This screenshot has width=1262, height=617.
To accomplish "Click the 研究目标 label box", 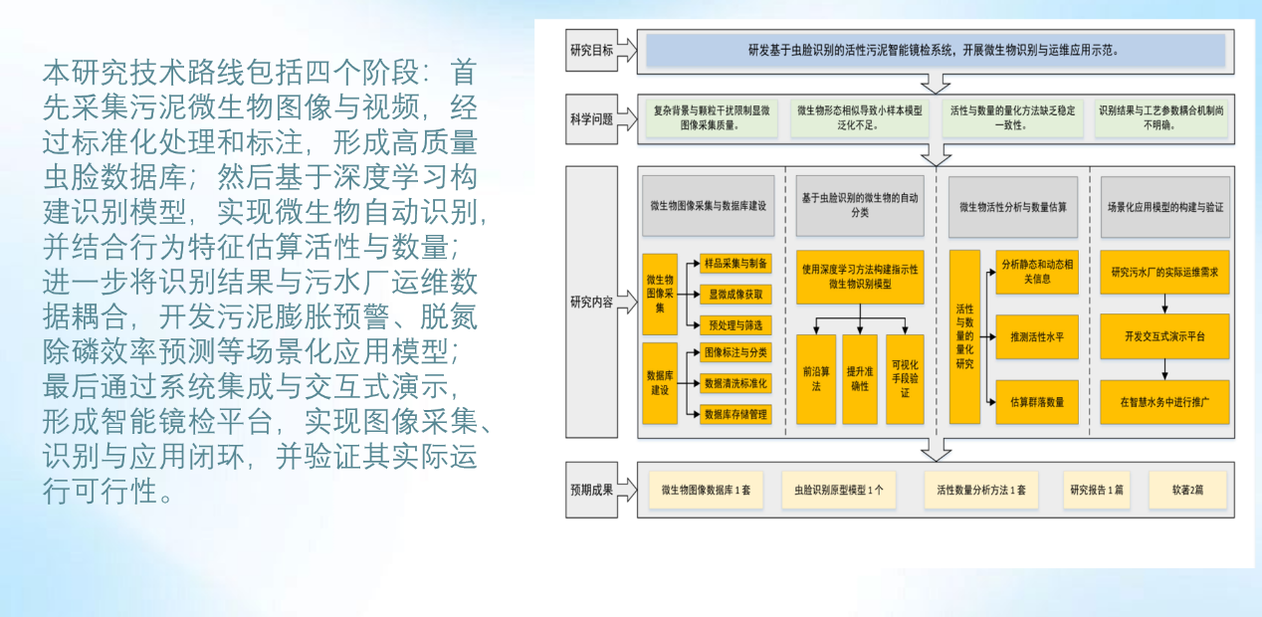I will coord(591,49).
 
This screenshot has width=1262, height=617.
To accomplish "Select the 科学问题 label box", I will coord(591,119).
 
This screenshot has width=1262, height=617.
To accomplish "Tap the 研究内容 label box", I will coord(591,302).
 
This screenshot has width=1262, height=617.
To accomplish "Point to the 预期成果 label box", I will coord(591,490).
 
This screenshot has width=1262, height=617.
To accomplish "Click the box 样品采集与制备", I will coord(736,264).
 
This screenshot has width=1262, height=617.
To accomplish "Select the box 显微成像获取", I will coord(736,294).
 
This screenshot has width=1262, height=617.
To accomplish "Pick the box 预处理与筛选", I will coord(736,324).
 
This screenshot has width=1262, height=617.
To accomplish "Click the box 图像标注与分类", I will coord(736,352).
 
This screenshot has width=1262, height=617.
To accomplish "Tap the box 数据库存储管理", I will coord(736,413).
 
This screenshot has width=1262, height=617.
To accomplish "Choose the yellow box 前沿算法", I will coord(816,379).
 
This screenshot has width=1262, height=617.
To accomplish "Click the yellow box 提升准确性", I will coord(859,379).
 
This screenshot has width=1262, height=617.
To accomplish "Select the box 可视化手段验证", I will coord(905,379).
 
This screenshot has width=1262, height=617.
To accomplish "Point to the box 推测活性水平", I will coord(1037,337).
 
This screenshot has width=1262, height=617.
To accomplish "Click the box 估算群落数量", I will coord(1037,402).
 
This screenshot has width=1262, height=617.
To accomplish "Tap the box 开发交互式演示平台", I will coord(1163,336).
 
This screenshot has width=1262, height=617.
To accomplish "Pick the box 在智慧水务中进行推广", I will coord(1163,402).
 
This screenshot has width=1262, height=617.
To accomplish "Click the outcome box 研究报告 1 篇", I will coord(1097,490).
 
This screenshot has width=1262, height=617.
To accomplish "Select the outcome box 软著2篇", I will coord(1187,490).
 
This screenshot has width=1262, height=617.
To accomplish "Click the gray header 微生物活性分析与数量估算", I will coord(1013,207).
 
